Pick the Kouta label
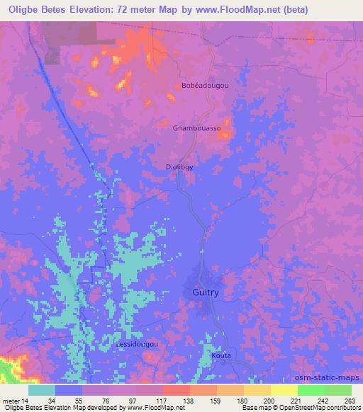[x=221, y=355]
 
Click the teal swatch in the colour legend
[x=42, y=389]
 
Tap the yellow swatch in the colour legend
[x=284, y=389]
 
